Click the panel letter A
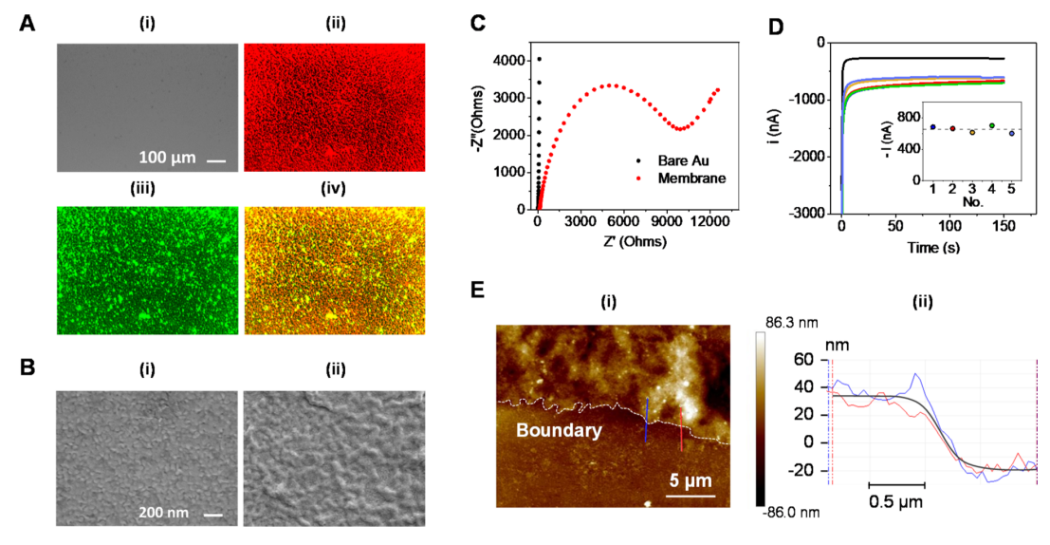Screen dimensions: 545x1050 29,25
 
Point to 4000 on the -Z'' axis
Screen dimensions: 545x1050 508,60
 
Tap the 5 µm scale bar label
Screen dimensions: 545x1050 691,481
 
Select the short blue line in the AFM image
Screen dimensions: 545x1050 647,422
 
